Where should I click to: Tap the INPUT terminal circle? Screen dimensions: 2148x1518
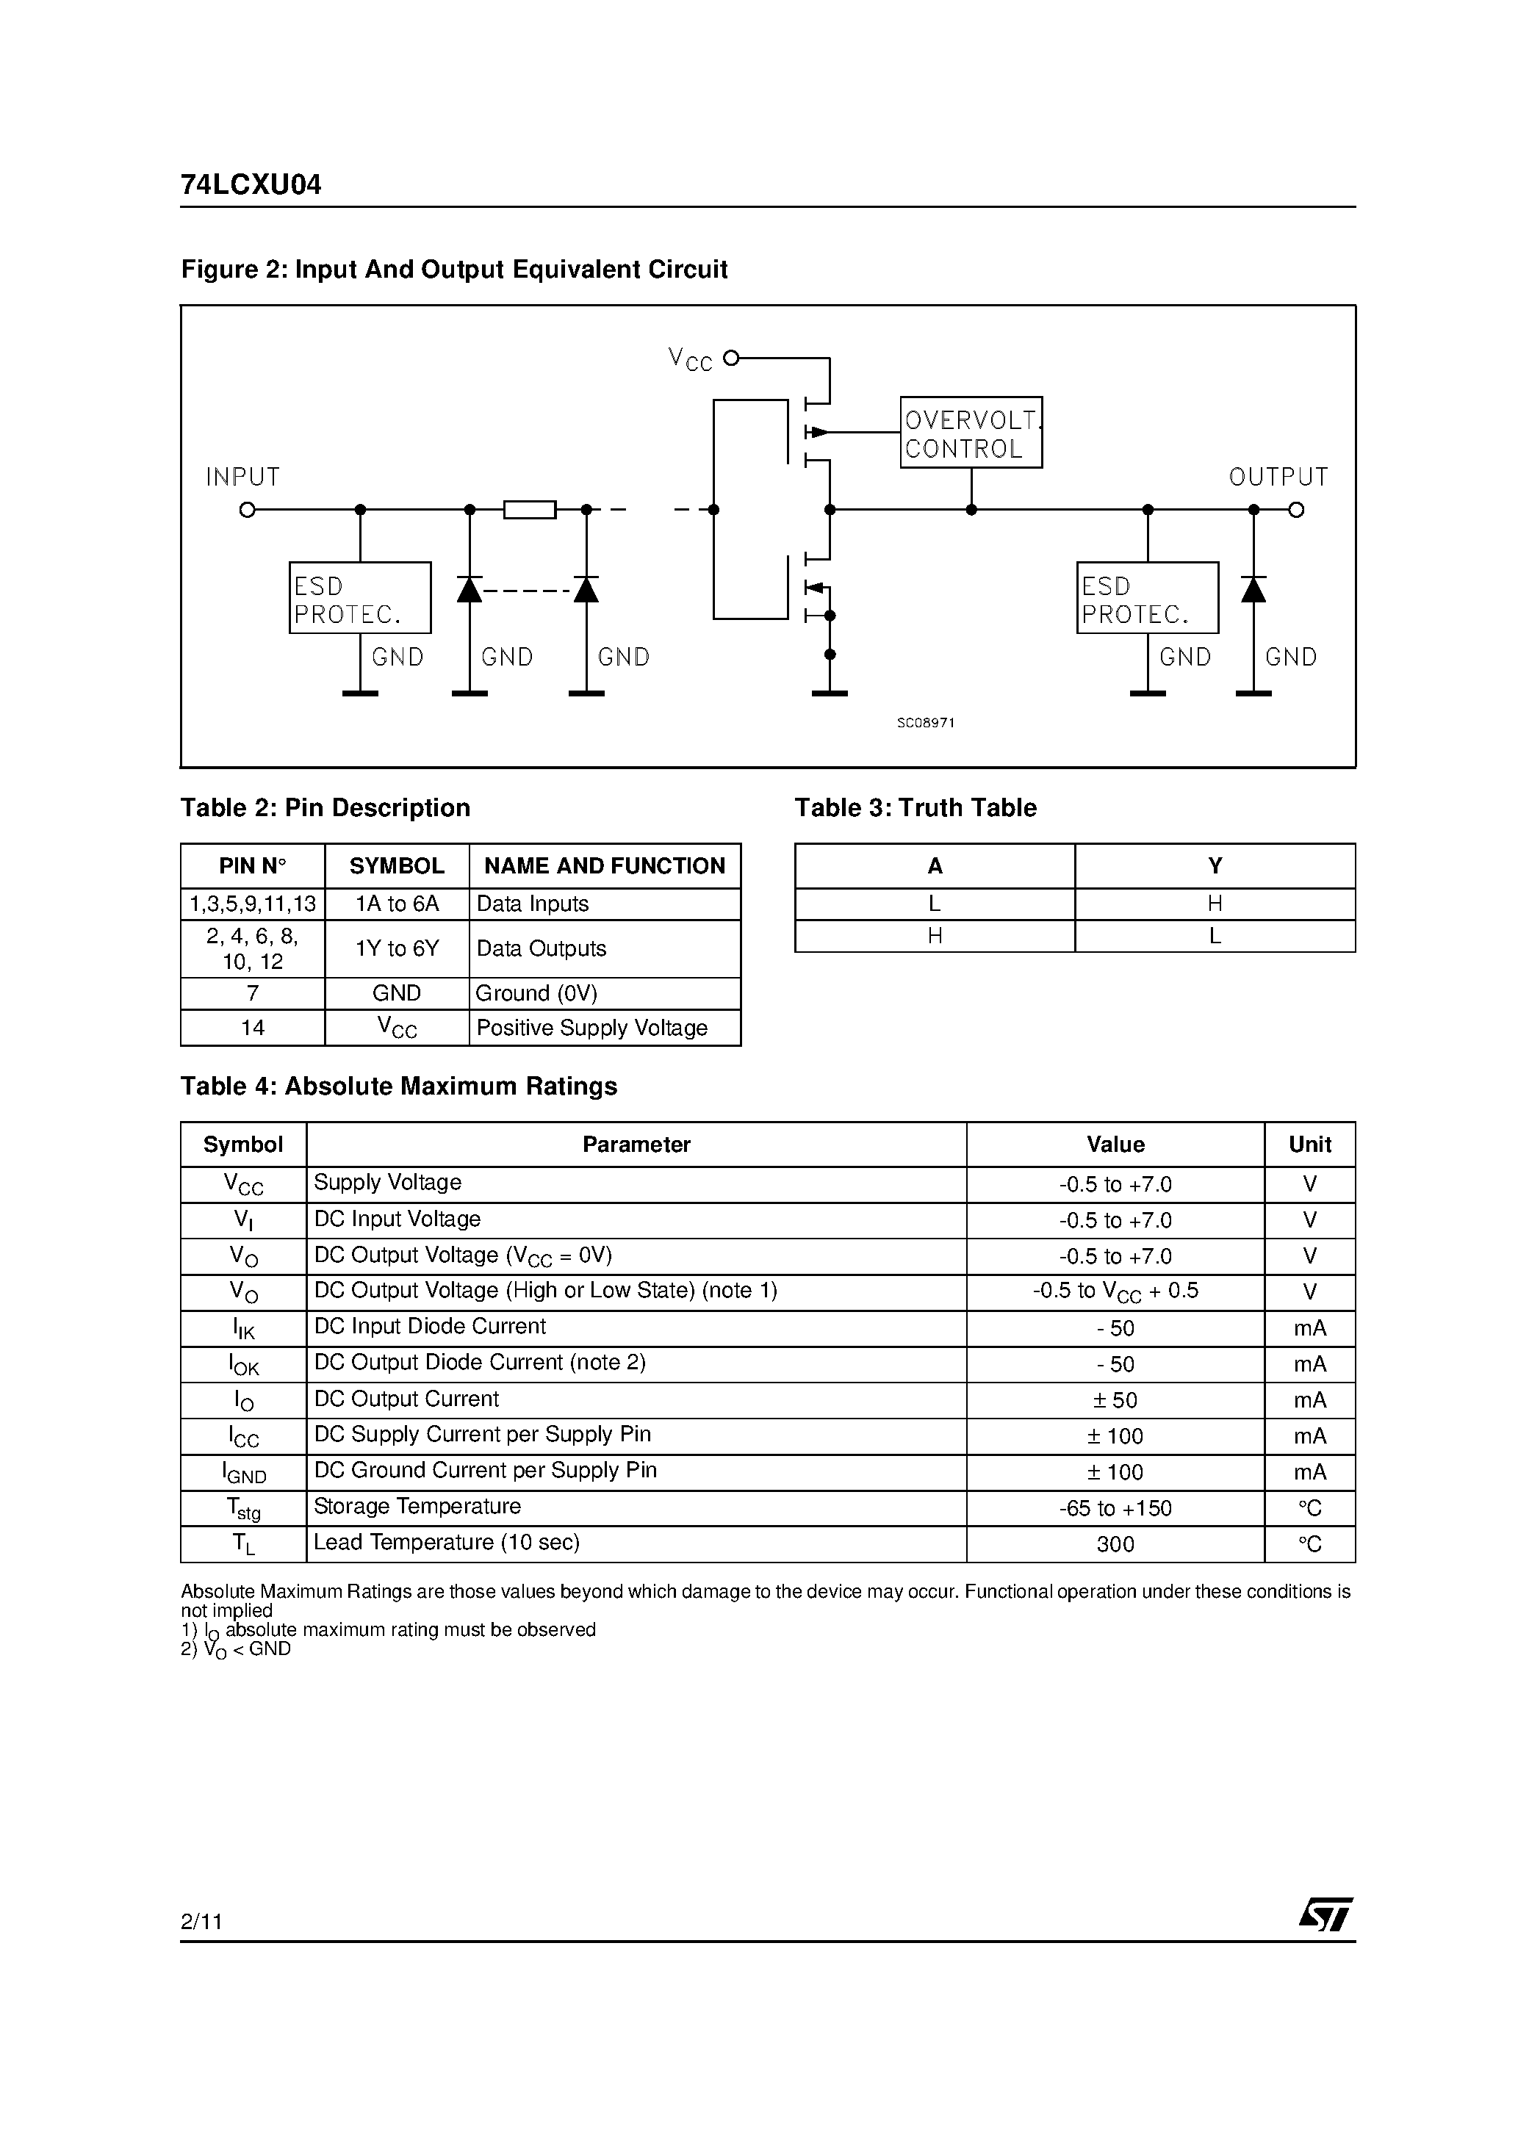[247, 510]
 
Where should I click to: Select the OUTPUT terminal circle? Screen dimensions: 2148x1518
[1296, 510]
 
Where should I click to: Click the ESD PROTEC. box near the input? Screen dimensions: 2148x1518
[360, 598]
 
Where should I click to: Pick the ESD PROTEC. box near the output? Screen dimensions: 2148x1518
[1148, 598]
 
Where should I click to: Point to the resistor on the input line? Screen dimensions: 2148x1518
[530, 510]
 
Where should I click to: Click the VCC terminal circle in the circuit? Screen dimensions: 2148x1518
[732, 357]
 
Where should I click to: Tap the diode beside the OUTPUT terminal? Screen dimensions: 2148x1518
[1253, 589]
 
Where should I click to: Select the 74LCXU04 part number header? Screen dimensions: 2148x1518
[251, 185]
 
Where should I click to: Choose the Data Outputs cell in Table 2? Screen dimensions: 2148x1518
[541, 948]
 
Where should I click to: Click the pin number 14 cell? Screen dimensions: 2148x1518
[253, 1028]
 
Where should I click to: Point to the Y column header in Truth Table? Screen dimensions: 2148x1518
[1215, 866]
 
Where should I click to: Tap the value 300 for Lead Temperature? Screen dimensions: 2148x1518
[1115, 1545]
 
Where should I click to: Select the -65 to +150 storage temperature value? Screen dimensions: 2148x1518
[1115, 1508]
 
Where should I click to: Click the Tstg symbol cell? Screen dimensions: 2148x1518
[243, 1508]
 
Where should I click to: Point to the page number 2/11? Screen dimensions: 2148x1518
[201, 1922]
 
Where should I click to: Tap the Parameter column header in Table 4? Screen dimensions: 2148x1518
[636, 1145]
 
